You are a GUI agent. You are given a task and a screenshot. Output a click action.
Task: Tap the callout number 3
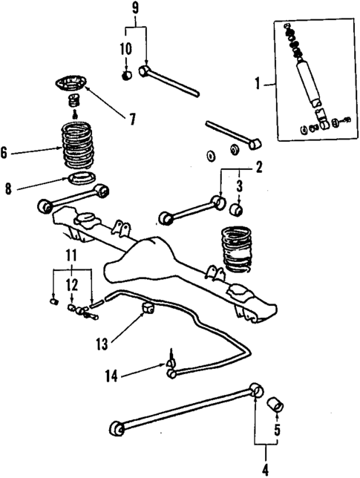click(x=239, y=185)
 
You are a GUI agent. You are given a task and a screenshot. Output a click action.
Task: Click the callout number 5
click(x=277, y=430)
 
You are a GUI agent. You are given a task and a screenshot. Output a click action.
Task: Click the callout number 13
click(x=102, y=343)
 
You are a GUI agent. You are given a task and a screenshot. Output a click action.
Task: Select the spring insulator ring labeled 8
click(x=81, y=179)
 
